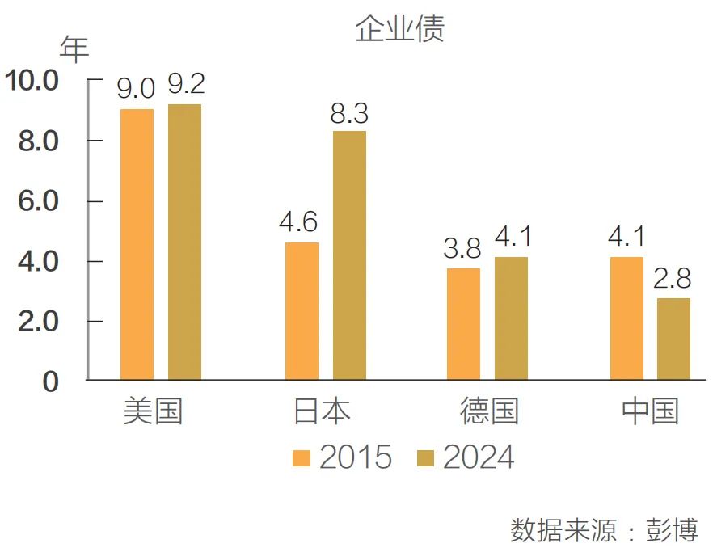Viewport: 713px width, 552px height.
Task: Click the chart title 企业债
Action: [x=399, y=29]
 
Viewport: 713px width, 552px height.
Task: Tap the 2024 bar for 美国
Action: [x=184, y=242]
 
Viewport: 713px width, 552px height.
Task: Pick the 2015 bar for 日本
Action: [x=302, y=310]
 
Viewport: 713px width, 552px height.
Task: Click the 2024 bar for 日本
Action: [x=349, y=255]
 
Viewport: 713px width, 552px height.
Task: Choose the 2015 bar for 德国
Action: [x=463, y=323]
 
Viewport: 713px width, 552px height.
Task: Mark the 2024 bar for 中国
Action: [x=673, y=339]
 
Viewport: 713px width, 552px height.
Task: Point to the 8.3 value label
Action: [x=349, y=114]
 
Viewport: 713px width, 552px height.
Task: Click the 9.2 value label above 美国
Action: [x=186, y=85]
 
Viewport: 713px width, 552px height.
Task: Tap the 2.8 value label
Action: [x=673, y=279]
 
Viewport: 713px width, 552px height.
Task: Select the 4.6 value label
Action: [x=299, y=222]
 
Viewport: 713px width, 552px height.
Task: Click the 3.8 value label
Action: [x=462, y=248]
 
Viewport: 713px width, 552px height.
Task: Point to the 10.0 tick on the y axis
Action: [x=32, y=81]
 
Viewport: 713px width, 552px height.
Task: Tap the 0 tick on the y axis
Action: [x=50, y=382]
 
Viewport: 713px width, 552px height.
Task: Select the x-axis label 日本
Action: [x=323, y=411]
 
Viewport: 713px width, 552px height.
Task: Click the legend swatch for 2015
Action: [x=302, y=458]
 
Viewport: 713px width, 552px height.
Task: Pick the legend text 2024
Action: [x=479, y=457]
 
